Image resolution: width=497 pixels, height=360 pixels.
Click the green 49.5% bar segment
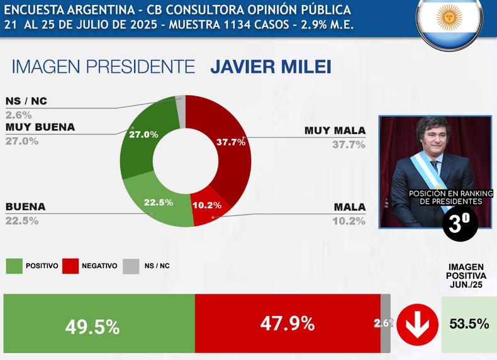[99, 323]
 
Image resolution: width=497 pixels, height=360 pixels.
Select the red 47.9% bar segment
[288, 323]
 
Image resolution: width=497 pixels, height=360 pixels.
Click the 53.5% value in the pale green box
[469, 324]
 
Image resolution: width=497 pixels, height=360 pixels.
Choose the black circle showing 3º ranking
[461, 222]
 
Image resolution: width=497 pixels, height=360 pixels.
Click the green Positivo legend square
[13, 266]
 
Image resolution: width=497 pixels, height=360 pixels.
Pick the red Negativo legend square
[70, 266]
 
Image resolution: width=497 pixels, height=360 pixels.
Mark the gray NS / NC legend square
[131, 266]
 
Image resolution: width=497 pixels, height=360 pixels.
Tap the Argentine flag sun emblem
[449, 17]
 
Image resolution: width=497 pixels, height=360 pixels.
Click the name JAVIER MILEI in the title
[271, 67]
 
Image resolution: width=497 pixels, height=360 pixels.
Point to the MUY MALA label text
[335, 131]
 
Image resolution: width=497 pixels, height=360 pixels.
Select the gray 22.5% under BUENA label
[22, 221]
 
